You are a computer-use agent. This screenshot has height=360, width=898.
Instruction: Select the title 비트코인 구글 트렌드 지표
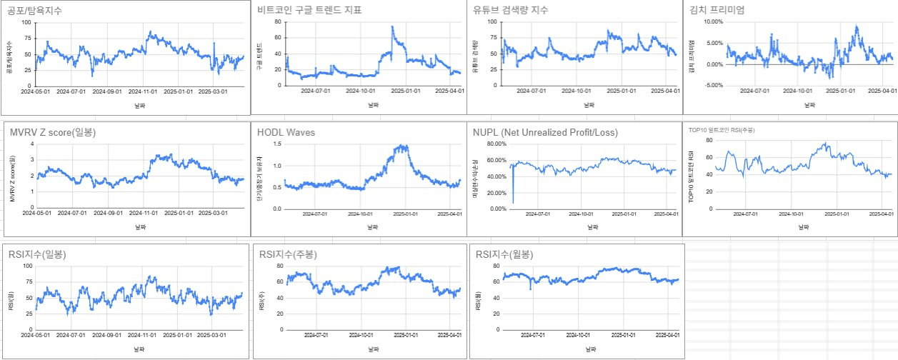(x=309, y=10)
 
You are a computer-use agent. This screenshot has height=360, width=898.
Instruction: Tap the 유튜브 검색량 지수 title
(x=521, y=10)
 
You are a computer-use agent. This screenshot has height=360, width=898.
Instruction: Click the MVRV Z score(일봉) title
(x=53, y=132)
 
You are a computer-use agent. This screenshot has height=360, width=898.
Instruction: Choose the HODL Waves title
(x=286, y=132)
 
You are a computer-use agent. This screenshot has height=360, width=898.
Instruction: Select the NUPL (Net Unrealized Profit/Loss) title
(x=545, y=132)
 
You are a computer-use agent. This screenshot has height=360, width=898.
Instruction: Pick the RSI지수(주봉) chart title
(x=288, y=254)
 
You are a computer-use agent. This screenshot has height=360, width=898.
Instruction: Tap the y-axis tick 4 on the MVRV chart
(x=31, y=144)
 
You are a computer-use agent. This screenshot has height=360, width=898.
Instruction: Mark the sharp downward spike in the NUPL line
(x=513, y=202)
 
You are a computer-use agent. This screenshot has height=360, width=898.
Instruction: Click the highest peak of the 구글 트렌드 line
(x=392, y=27)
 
